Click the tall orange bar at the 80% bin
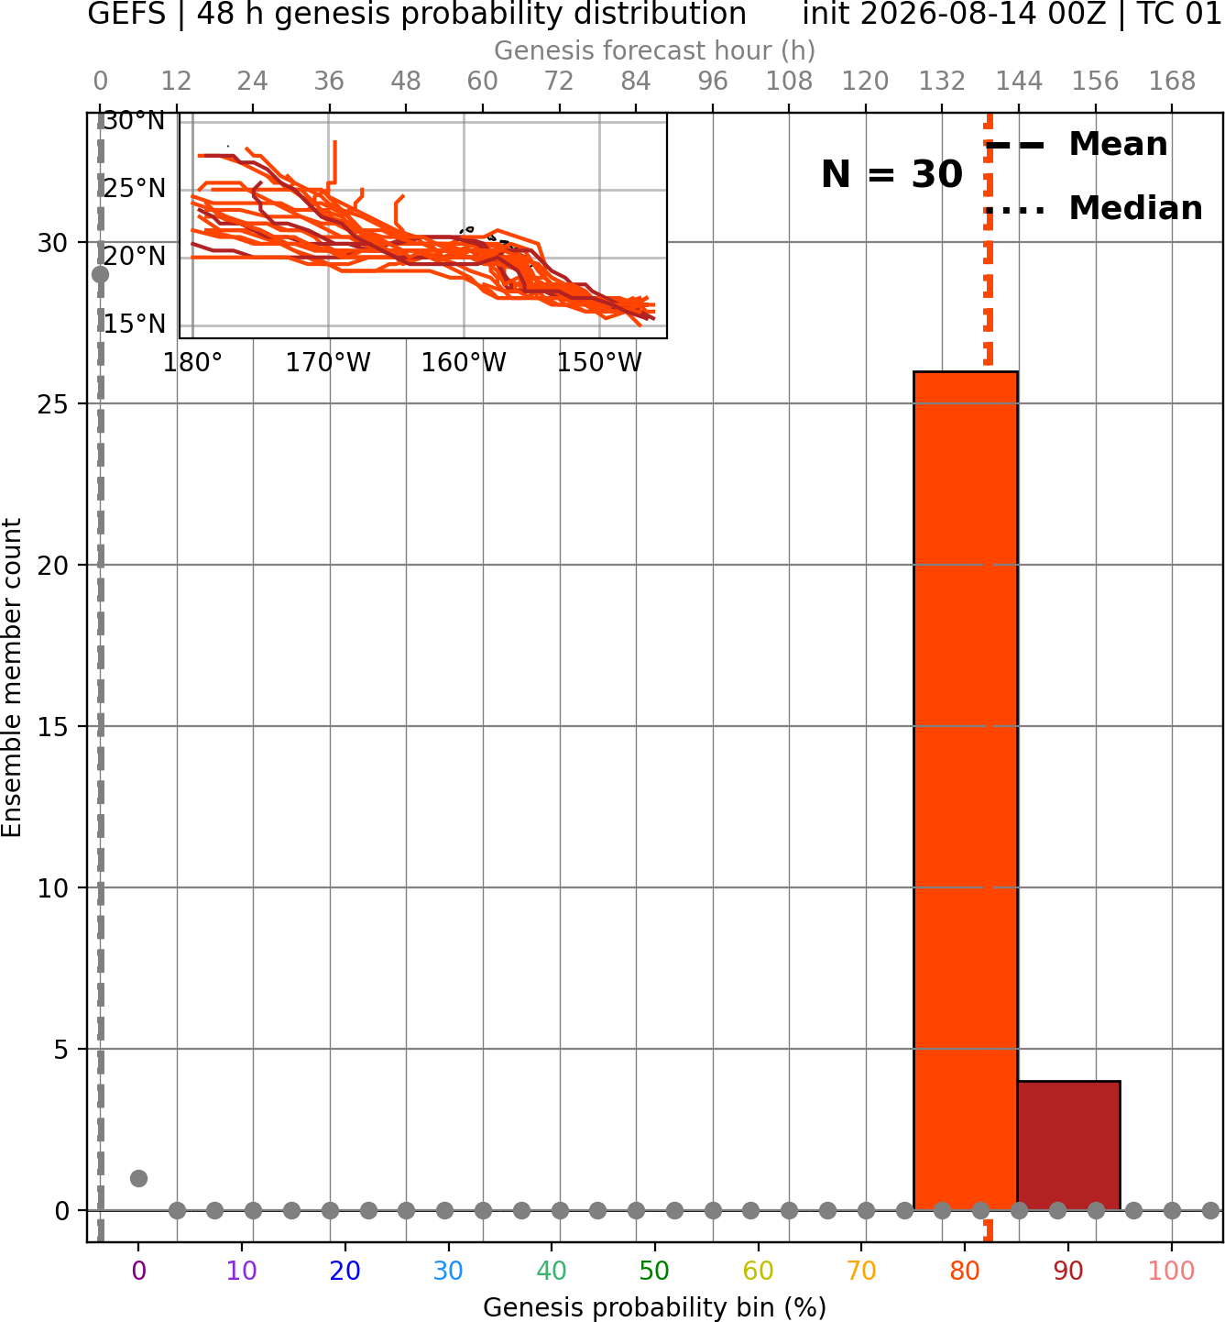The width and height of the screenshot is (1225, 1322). pyautogui.click(x=965, y=790)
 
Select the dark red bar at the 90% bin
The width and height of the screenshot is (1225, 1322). pyautogui.click(x=1068, y=1145)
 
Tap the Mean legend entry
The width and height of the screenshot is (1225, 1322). pyautogui.click(x=1076, y=145)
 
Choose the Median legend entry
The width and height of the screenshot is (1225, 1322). pyautogui.click(x=1093, y=209)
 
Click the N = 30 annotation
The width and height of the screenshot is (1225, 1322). pyautogui.click(x=891, y=174)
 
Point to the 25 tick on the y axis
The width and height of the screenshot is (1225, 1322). pyautogui.click(x=52, y=404)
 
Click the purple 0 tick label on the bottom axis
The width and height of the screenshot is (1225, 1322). pyautogui.click(x=138, y=1271)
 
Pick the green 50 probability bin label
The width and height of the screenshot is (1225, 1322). pyautogui.click(x=654, y=1271)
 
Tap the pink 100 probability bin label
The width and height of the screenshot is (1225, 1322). pyautogui.click(x=1171, y=1271)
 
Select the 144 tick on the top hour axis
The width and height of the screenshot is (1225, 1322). pyautogui.click(x=1018, y=82)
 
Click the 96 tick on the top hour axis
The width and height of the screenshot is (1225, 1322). pyautogui.click(x=713, y=82)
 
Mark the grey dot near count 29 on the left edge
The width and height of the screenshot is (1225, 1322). pyautogui.click(x=100, y=274)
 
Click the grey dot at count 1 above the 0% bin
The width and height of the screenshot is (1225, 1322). pyautogui.click(x=138, y=1178)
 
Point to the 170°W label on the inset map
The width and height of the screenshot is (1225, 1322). pyautogui.click(x=328, y=363)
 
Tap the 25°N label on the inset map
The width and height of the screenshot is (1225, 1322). pyautogui.click(x=134, y=189)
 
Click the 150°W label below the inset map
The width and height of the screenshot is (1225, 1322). pyautogui.click(x=599, y=363)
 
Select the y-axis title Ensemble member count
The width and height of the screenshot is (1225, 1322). pyautogui.click(x=12, y=678)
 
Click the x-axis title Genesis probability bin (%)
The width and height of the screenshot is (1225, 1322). pyautogui.click(x=654, y=1306)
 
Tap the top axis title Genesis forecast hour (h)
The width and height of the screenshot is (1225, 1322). pyautogui.click(x=654, y=50)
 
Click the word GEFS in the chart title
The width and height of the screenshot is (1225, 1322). pyautogui.click(x=126, y=14)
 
